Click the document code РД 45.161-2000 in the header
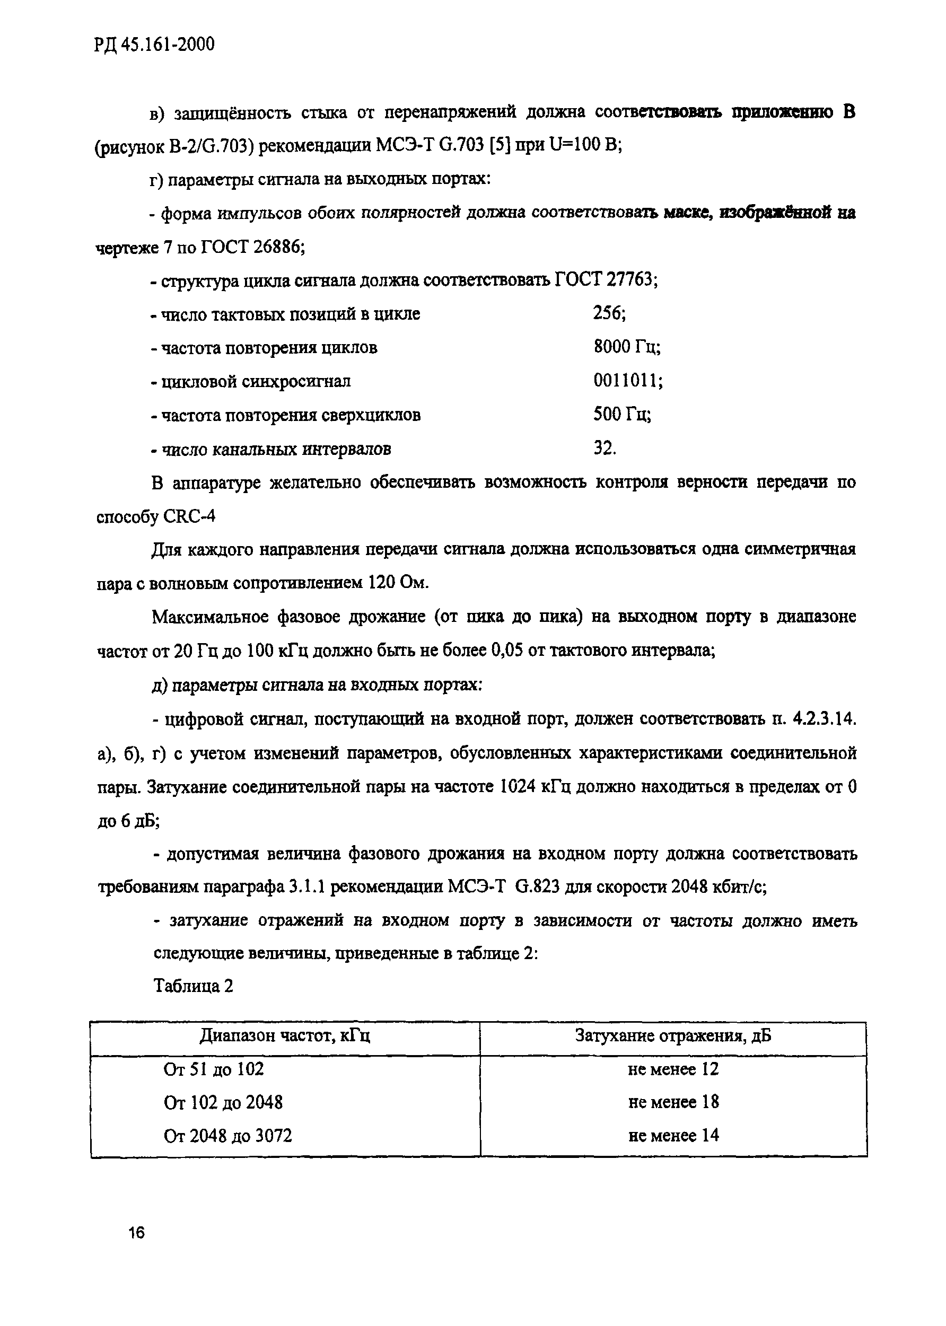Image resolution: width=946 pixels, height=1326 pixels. click(x=154, y=44)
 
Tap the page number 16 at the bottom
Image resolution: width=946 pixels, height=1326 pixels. click(x=136, y=1233)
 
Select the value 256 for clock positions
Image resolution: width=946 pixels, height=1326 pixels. click(x=609, y=314)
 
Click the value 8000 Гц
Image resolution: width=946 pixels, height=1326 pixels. click(x=626, y=347)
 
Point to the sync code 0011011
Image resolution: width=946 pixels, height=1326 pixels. click(x=627, y=381)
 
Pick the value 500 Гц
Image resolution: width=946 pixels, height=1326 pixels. click(x=621, y=415)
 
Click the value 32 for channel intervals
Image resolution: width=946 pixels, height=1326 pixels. click(x=604, y=449)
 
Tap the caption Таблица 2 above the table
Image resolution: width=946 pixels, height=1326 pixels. click(x=193, y=986)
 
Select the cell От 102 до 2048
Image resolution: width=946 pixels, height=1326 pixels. click(x=223, y=1102)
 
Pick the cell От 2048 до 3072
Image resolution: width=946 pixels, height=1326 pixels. click(x=228, y=1136)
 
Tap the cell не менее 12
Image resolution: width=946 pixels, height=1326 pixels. click(x=673, y=1069)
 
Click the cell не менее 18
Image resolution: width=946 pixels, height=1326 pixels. click(x=673, y=1102)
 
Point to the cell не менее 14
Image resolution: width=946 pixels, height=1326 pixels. click(x=673, y=1136)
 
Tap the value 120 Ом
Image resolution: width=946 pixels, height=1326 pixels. click(x=397, y=583)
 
